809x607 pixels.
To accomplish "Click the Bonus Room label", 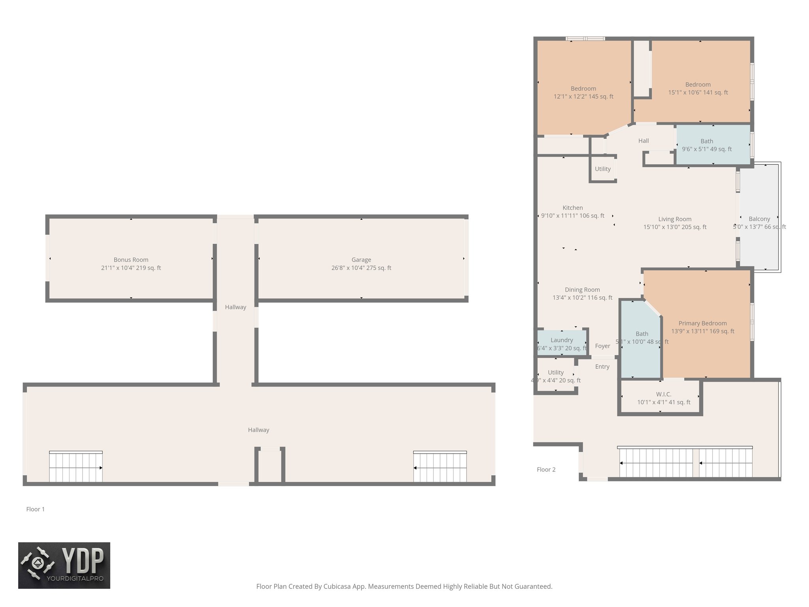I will pos(131,260).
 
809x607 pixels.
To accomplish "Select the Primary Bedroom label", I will pos(702,323).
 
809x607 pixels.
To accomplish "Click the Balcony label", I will pos(759,219).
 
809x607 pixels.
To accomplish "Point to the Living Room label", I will pos(675,219).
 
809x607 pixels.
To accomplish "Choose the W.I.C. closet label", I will pos(664,394).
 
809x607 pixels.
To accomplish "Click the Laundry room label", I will pos(561,340).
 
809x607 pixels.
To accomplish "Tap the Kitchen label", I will pos(572,208).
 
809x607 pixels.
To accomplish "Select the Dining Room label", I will pos(582,290).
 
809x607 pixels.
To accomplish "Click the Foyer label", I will pos(602,346).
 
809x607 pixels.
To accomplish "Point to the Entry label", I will pos(602,367).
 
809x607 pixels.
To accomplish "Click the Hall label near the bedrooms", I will pos(643,141).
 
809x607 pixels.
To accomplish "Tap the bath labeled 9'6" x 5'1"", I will pos(707,141).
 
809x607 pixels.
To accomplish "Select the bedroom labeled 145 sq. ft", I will pos(583,89).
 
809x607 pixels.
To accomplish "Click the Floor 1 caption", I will pos(36,509).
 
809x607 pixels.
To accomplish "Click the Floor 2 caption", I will pos(546,469).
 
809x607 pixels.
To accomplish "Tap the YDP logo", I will pos(64,565).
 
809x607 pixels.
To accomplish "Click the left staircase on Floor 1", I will pos(76,467).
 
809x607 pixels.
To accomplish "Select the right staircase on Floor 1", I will pos(440,467).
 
